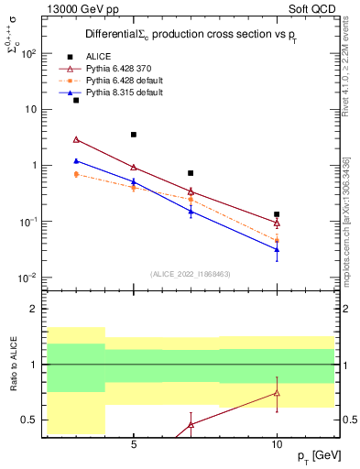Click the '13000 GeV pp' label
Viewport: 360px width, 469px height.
[x=80, y=7]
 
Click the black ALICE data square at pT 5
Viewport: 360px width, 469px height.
[x=134, y=135]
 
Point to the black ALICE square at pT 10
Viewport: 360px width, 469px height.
[x=277, y=214]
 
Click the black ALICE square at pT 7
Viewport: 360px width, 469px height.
[x=191, y=173]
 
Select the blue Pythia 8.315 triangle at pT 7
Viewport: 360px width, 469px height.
[x=191, y=211]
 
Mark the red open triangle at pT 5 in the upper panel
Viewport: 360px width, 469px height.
[x=134, y=168]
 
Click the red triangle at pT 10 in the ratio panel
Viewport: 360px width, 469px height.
[x=277, y=393]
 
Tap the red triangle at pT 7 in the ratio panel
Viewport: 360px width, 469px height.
[x=191, y=424]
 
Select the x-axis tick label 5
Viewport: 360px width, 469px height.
[x=134, y=444]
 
